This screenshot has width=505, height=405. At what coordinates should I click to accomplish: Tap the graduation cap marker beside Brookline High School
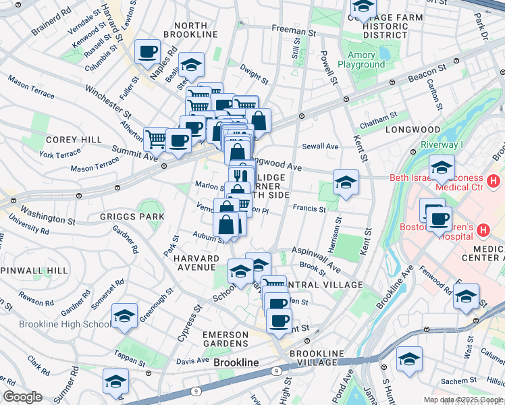click(x=124, y=316)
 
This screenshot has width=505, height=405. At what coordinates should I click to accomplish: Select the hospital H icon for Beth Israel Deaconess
click(x=494, y=181)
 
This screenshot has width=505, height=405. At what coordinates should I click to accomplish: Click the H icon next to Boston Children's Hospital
click(x=483, y=231)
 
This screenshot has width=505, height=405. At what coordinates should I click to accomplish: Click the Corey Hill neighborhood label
click(x=63, y=140)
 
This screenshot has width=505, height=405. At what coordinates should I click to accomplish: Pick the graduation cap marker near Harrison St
click(x=346, y=182)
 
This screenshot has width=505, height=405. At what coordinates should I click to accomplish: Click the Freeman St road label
click(x=294, y=29)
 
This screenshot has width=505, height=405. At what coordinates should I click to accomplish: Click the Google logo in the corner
click(x=23, y=396)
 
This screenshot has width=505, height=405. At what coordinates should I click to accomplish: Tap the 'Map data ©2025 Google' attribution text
click(x=463, y=400)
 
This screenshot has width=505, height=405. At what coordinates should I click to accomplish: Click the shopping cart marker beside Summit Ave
click(x=155, y=139)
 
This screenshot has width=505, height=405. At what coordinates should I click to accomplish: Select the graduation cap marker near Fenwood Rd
click(x=466, y=296)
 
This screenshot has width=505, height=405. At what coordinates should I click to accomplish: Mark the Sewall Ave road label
click(x=320, y=146)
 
